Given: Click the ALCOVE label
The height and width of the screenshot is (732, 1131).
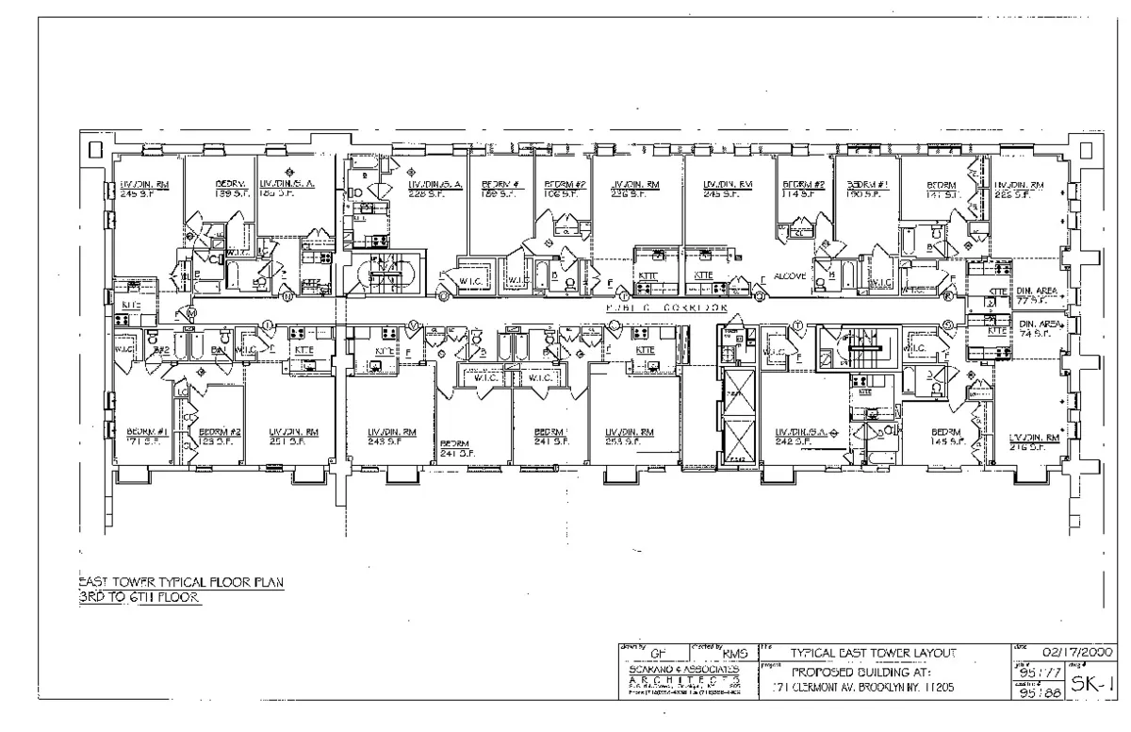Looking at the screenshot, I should (790, 276).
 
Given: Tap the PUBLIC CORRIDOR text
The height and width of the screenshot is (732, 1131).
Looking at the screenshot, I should (666, 308).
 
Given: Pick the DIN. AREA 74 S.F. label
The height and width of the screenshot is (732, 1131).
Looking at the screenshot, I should (1040, 328).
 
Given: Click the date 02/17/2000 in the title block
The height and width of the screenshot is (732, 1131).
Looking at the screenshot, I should (1075, 652).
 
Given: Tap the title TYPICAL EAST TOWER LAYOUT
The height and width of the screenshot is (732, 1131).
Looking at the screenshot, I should (873, 653).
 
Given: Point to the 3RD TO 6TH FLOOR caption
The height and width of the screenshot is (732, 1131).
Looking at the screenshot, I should (139, 597).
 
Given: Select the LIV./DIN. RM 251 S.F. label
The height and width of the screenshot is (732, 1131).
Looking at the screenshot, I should (293, 437).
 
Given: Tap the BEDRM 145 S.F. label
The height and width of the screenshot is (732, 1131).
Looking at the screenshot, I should (945, 437).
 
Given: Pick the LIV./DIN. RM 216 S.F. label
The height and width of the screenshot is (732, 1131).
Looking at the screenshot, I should (1034, 442).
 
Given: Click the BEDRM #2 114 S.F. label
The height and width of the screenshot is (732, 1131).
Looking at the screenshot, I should (803, 190).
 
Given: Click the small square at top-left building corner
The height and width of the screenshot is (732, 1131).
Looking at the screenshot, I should (95, 149).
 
